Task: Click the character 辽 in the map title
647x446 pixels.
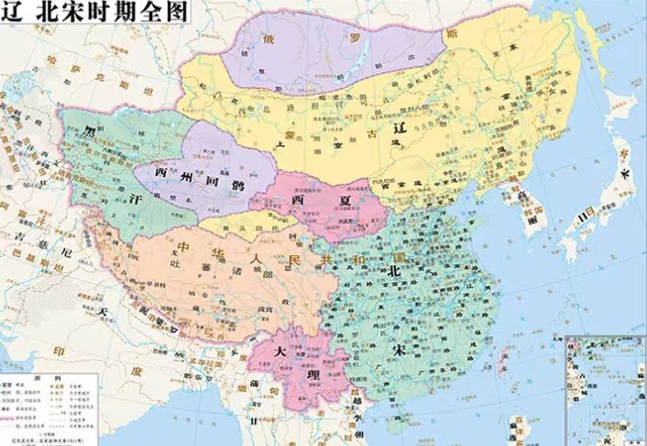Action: click(12, 12)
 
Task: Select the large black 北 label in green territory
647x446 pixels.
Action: click(396, 273)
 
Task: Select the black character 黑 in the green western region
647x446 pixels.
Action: click(89, 132)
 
